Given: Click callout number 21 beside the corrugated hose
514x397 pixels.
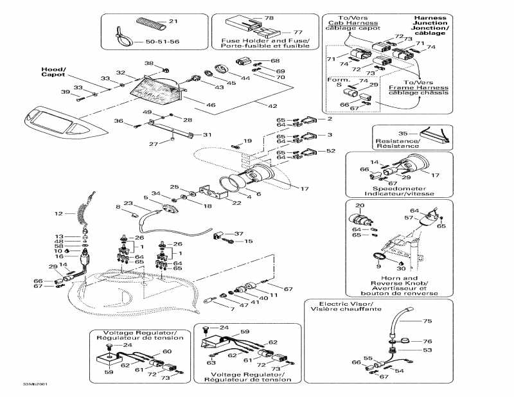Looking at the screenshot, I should pos(173,22).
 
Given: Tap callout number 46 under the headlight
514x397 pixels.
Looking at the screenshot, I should pos(211,104).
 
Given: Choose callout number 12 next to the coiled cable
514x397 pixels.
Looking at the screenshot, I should pos(58,213).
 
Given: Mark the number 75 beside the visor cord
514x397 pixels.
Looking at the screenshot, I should pos(427,321).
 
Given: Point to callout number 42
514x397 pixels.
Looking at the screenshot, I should pos(274,105).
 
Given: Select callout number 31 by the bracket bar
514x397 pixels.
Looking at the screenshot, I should pos(207,135).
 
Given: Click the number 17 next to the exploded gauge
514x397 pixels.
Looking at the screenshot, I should pos(305,188).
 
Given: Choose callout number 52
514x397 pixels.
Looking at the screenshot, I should pos(331,151).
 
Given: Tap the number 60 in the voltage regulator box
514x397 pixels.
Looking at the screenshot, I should pos(166,351).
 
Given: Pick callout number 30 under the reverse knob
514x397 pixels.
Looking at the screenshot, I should pos(401,268).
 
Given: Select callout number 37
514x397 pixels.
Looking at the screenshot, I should pos(239,233).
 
